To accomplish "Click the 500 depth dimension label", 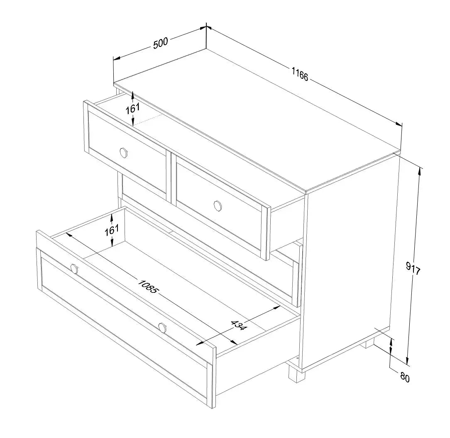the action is [x=160, y=43].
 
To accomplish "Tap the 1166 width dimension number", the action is [x=300, y=74].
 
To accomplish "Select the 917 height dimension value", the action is [x=413, y=268].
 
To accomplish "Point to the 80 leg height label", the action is [x=405, y=377].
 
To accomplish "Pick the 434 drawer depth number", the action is [x=238, y=325].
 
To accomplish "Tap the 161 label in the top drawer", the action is [x=133, y=108].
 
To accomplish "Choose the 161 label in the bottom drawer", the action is [x=112, y=230].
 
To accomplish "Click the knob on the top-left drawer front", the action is [x=124, y=152].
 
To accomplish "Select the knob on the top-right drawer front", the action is [x=218, y=206].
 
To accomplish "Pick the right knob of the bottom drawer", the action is [x=162, y=328].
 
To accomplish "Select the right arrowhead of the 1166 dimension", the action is [x=399, y=124].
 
